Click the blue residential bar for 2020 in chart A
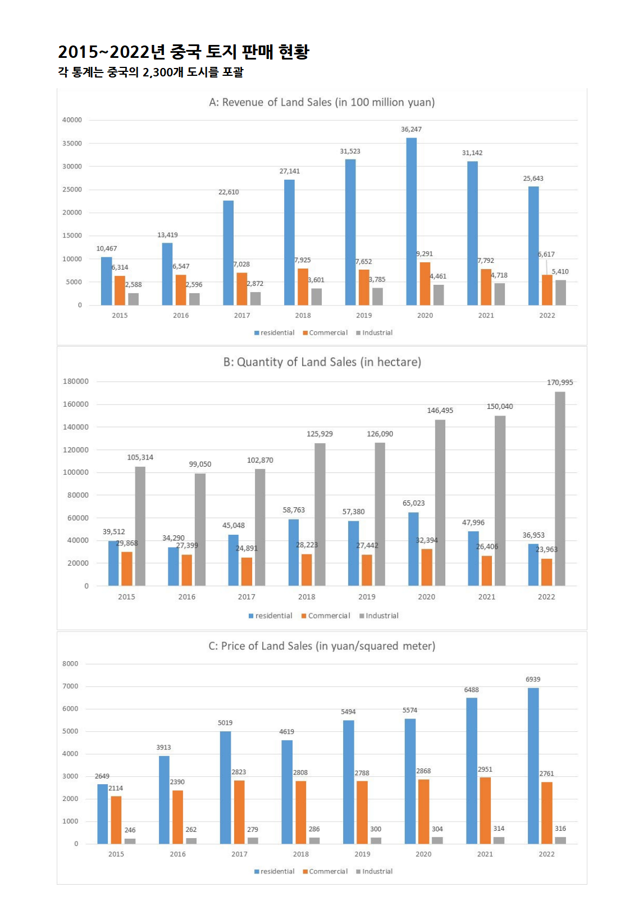(412, 222)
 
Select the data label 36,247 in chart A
(411, 129)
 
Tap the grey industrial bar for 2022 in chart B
(560, 489)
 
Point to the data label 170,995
(560, 383)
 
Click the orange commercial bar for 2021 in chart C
(485, 811)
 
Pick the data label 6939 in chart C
(533, 679)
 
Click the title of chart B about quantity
(322, 362)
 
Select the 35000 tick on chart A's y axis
(72, 143)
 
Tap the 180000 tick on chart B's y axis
(76, 381)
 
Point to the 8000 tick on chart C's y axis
(70, 663)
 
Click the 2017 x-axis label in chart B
(247, 597)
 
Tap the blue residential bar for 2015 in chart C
(102, 814)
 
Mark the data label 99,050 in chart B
(200, 464)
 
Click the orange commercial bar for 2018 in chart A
(303, 287)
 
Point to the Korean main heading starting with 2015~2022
(184, 52)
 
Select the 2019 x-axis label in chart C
(362, 854)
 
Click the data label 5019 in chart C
(225, 723)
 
